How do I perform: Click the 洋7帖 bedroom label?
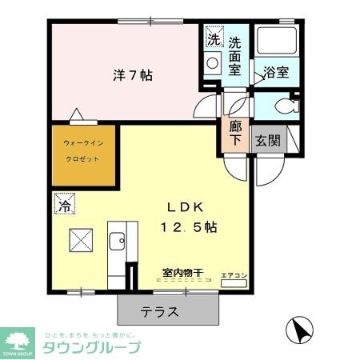click(132, 77)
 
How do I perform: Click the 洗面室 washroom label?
click(237, 56)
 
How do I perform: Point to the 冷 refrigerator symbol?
click(63, 205)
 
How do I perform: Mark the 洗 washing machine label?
click(213, 39)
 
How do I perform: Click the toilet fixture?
click(279, 106)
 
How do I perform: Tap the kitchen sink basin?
click(117, 239)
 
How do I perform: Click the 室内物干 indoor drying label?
click(182, 274)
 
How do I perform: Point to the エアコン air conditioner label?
click(233, 276)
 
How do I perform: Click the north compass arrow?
click(300, 329)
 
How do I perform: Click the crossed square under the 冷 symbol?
click(80, 239)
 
